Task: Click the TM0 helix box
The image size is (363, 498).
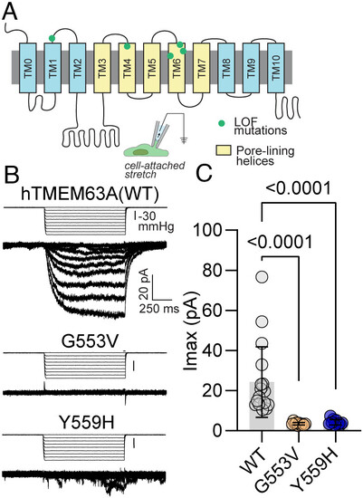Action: tap(27, 68)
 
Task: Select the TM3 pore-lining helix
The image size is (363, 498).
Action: tap(102, 68)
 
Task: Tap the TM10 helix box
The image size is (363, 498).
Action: tap(276, 68)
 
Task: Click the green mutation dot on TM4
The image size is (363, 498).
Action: tap(127, 46)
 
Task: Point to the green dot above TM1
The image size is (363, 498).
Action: tap(52, 38)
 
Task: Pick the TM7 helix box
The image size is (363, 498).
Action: tap(201, 68)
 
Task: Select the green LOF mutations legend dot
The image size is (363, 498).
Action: tap(224, 123)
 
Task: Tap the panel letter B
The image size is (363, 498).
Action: tap(11, 176)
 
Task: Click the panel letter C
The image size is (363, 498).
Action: tap(204, 173)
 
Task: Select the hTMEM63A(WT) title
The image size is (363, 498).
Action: tap(90, 194)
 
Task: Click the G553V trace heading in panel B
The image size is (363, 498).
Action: tap(91, 342)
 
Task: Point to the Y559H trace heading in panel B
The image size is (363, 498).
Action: tap(86, 423)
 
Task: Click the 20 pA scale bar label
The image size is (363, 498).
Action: tap(144, 283)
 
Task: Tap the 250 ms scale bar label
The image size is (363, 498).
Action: tap(158, 309)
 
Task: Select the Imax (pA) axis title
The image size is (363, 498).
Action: tap(191, 330)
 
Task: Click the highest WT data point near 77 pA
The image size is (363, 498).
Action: tap(262, 277)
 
